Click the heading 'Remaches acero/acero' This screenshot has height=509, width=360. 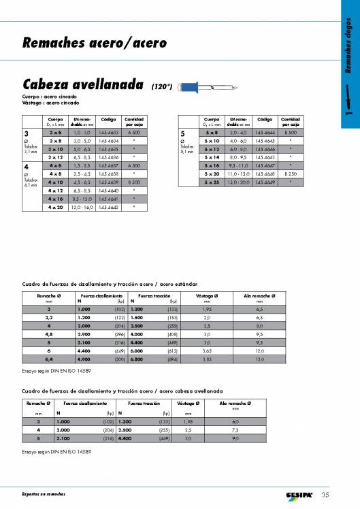[95, 44]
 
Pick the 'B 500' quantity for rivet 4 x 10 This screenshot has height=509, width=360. [134, 182]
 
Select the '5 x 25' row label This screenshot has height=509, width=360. [212, 182]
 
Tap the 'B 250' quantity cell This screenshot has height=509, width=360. [291, 174]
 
